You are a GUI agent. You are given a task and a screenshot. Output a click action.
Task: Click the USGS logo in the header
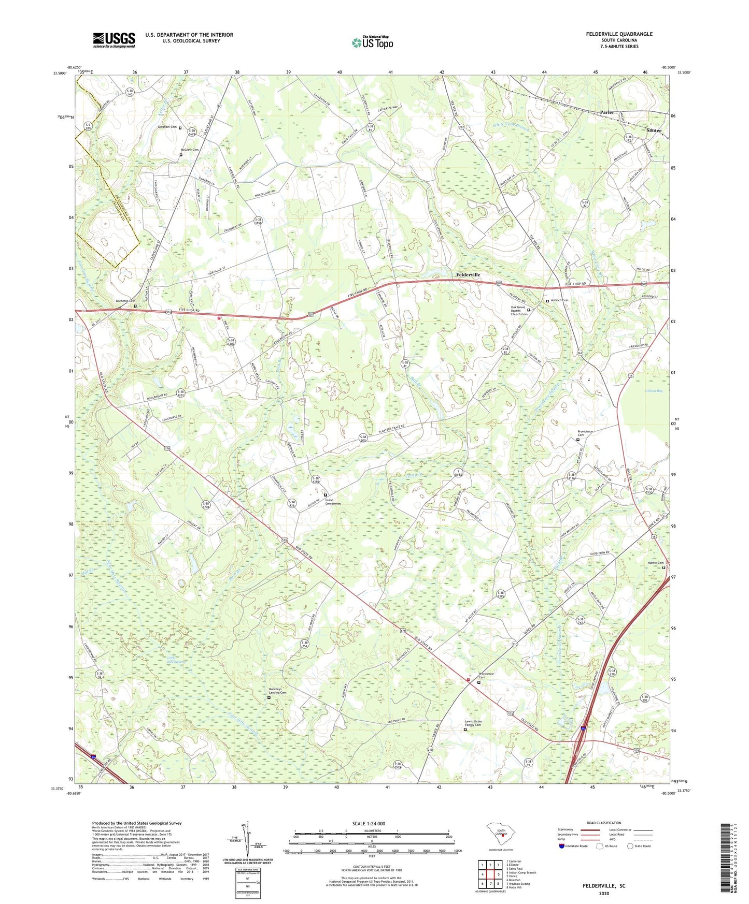114,40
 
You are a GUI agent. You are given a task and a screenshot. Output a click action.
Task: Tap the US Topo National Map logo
372,42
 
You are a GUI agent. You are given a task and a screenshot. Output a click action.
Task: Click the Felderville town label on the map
468,274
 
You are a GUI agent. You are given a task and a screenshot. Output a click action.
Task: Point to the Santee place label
654,130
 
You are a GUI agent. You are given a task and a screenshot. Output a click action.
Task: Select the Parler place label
606,112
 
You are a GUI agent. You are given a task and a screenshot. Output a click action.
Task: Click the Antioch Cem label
559,300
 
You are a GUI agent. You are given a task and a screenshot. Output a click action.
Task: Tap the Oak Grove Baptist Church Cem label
518,311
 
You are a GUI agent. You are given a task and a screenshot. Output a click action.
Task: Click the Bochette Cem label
125,301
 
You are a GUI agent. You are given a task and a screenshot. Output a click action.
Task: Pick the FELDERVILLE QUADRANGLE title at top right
619,34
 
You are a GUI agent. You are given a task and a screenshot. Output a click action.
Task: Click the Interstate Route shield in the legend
561,846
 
